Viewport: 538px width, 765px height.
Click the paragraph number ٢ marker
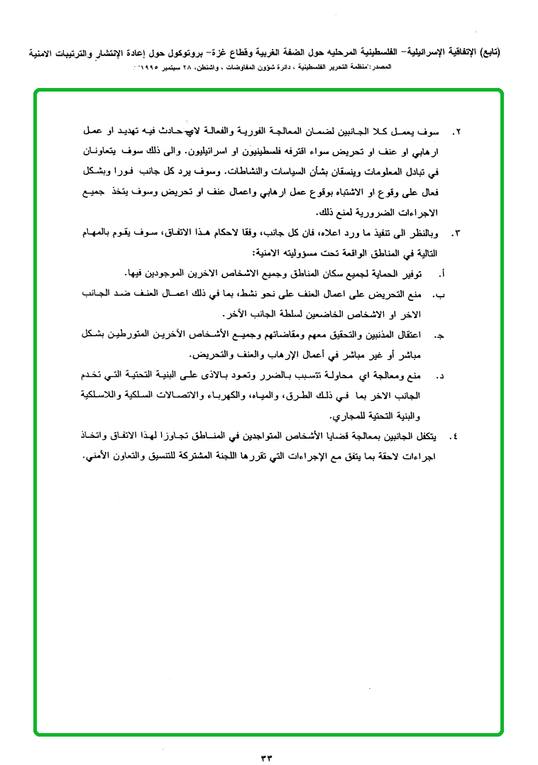[x=457, y=133]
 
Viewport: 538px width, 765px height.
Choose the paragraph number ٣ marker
[x=457, y=233]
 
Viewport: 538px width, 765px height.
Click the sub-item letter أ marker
[x=443, y=273]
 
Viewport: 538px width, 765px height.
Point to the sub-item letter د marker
[x=441, y=375]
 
